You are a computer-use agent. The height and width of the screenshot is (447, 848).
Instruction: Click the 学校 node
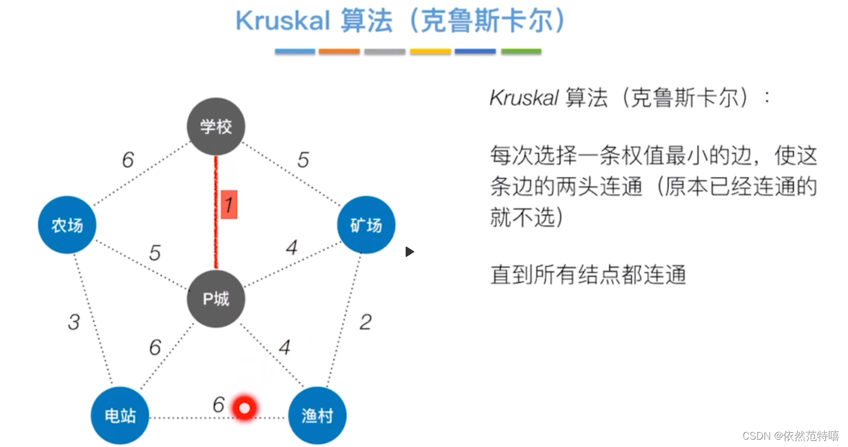point(216,126)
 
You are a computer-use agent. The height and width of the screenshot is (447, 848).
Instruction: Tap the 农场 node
point(67,225)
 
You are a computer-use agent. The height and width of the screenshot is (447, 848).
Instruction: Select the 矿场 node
point(366,225)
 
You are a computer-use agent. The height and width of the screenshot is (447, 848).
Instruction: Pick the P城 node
point(216,299)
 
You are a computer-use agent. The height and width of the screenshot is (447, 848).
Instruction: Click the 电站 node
point(120,416)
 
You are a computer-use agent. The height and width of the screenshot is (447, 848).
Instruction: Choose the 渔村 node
point(317,416)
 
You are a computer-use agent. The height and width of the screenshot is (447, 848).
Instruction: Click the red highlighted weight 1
point(229,205)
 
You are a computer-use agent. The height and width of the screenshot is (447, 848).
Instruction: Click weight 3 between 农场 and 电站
point(73,322)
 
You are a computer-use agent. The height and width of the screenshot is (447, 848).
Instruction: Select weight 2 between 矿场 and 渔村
point(366,322)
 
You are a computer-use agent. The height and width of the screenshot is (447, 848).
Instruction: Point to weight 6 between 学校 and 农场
point(128,160)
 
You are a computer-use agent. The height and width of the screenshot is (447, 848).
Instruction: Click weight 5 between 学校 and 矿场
point(303,160)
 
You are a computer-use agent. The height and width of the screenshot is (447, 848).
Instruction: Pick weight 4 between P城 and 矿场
point(292,248)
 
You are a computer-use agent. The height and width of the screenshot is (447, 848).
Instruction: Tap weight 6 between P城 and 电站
point(155,348)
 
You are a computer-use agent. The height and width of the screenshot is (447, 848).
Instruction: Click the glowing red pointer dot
point(245,407)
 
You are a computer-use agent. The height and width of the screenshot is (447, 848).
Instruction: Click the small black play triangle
point(409,252)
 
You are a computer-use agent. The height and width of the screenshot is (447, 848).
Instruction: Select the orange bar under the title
point(339,51)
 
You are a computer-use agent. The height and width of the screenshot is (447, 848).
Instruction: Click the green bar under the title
point(521,51)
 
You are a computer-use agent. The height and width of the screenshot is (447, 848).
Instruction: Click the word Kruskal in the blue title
point(282,21)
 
